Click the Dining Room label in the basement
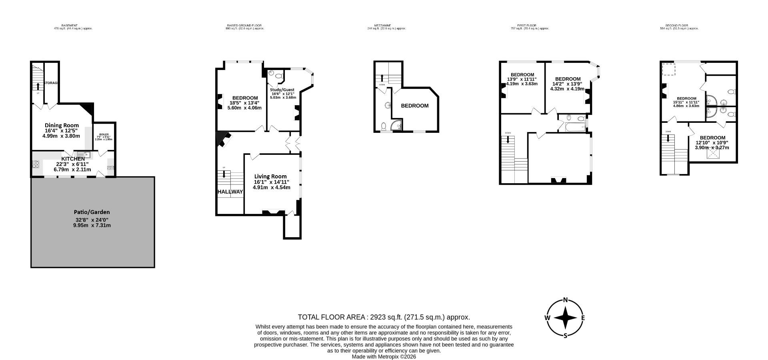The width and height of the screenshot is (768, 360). pos(62,125)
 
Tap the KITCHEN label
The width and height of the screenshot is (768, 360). pos(73,159)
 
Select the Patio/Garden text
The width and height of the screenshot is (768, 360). pos(92,212)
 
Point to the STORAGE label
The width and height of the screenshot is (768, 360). pos(52,83)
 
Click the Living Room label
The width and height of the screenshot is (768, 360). pos(270,176)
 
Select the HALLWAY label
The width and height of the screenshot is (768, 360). pos(230,192)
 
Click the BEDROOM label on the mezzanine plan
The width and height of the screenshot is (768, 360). pos(415,106)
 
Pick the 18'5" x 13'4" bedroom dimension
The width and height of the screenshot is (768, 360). pos(244,103)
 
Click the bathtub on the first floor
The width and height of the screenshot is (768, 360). pos(575,127)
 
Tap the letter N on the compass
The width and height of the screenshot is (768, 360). pos(565,300)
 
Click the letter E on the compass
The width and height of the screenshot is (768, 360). pos(583,318)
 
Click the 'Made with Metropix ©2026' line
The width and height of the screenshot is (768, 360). pos(384,356)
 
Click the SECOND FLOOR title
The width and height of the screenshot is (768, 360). pos(679,25)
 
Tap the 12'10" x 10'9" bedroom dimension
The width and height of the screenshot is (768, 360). pos(712,143)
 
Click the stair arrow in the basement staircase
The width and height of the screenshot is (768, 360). pos(38,86)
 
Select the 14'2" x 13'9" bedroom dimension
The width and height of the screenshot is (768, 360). pos(568,84)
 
